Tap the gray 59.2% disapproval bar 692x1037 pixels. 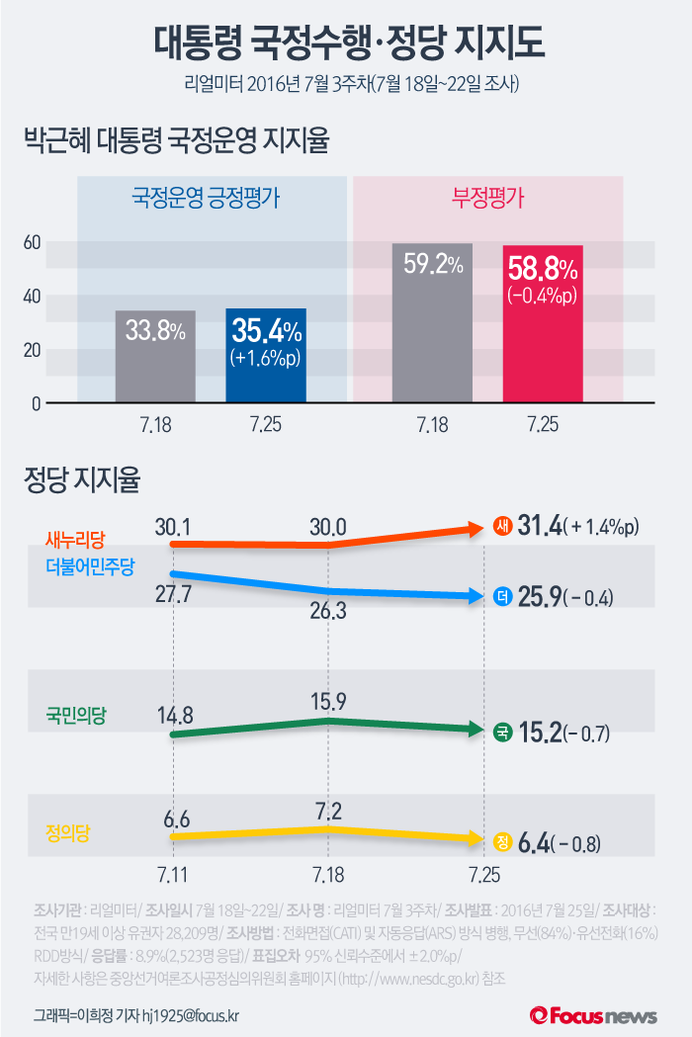432,323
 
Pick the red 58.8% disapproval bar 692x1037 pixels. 543,324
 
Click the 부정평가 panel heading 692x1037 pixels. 488,198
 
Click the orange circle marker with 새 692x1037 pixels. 502,527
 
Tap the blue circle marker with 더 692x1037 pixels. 502,596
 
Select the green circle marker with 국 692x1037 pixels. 502,733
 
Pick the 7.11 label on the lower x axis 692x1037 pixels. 173,875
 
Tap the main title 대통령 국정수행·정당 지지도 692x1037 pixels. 346,44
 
